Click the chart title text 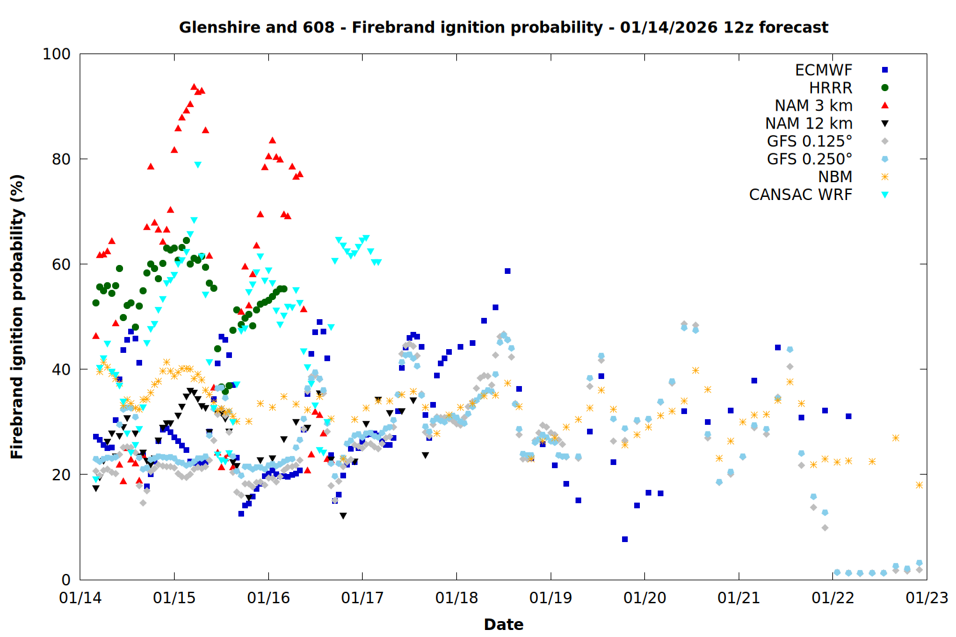click(503, 27)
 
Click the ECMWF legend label click(823, 70)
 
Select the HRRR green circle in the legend click(885, 88)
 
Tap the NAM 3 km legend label click(813, 106)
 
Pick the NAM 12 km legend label click(809, 124)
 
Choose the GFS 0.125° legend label click(809, 141)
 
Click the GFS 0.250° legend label click(809, 159)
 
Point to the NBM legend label click(835, 177)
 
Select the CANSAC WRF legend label click(800, 195)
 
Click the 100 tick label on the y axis click(56, 54)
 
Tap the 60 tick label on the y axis click(61, 264)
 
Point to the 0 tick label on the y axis click(66, 580)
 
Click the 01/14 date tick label click(80, 598)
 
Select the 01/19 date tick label click(551, 598)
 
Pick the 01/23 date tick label click(927, 598)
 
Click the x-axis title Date click(503, 624)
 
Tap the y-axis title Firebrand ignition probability click(17, 317)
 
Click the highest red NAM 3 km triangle click(194, 87)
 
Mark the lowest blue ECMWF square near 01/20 click(625, 539)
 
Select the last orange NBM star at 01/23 click(919, 485)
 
